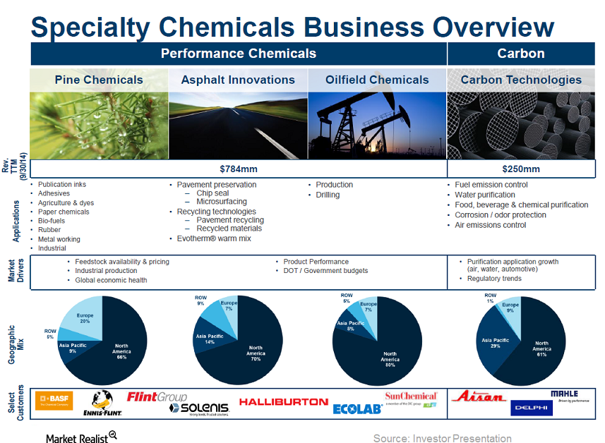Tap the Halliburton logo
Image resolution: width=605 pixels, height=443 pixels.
point(283,401)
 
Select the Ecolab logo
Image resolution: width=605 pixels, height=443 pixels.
point(357,408)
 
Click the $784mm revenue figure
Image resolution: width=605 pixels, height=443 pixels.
point(239,169)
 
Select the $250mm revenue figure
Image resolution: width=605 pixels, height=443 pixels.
point(520,169)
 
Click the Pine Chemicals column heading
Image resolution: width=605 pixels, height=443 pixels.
point(99,80)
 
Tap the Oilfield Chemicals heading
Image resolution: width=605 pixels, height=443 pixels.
point(377,80)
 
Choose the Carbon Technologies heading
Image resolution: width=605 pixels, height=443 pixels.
point(521,80)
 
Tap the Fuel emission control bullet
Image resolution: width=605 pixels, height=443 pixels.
point(491,185)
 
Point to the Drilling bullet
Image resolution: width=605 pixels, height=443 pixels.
point(328,195)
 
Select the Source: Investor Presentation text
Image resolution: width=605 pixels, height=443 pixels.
point(442,438)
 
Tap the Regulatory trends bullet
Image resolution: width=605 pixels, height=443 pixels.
point(494,279)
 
